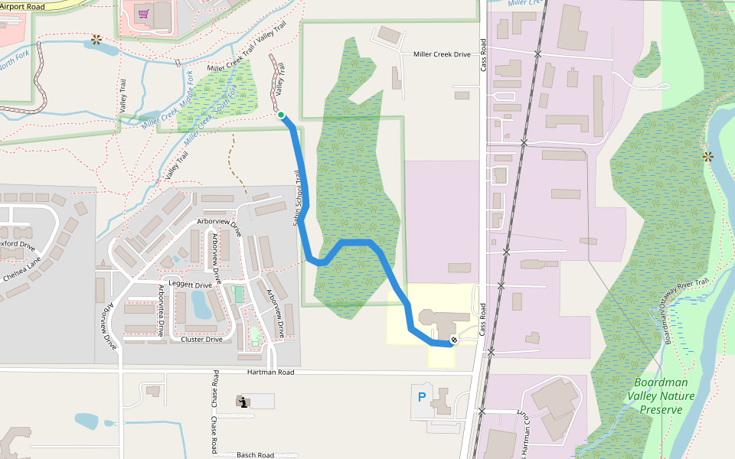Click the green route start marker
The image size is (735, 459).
[x=281, y=116]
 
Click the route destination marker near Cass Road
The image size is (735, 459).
[x=454, y=339]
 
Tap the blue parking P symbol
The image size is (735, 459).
[x=421, y=397]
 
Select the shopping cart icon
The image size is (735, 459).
[x=143, y=13]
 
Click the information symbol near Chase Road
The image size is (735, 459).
[x=243, y=402]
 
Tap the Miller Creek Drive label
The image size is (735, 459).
[x=442, y=54]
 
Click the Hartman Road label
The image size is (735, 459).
[x=270, y=373]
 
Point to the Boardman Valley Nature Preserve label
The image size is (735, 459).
[x=661, y=396]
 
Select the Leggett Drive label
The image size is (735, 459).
[x=190, y=285]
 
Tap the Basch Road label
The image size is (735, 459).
[x=255, y=455]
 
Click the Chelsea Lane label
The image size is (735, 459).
[x=23, y=269]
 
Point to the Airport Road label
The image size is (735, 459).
[x=22, y=6]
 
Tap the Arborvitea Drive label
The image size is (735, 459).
[x=161, y=311]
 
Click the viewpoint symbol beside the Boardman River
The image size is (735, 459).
[x=707, y=157]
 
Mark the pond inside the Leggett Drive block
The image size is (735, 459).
[x=201, y=304]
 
